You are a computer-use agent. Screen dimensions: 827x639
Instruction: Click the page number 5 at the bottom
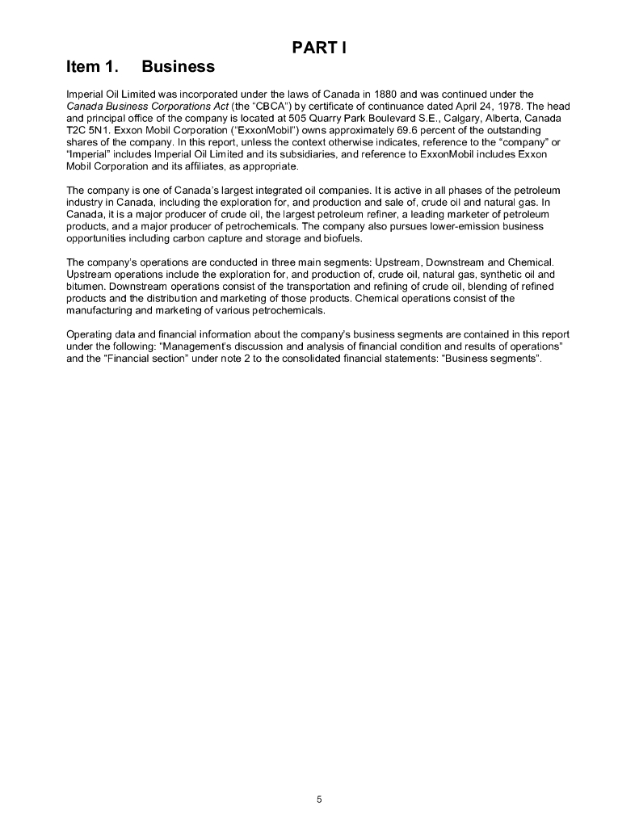(x=319, y=800)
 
